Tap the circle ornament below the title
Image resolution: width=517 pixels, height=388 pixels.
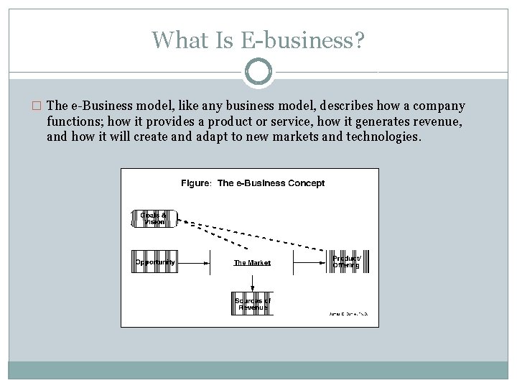pyautogui.click(x=258, y=72)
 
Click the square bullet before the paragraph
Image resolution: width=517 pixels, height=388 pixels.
pyautogui.click(x=37, y=106)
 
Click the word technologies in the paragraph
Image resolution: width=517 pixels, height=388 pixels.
pyautogui.click(x=381, y=137)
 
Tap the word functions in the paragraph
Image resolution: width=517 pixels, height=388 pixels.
pyautogui.click(x=75, y=121)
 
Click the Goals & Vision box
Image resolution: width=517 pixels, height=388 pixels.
pyautogui.click(x=152, y=218)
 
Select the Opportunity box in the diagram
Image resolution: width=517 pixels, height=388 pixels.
pyautogui.click(x=154, y=262)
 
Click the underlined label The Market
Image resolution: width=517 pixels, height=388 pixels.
pyautogui.click(x=252, y=263)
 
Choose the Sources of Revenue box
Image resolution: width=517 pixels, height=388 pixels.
pyautogui.click(x=252, y=304)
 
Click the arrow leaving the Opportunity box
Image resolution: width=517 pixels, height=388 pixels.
pyautogui.click(x=194, y=262)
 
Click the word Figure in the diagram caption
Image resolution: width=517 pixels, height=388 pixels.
pyautogui.click(x=195, y=183)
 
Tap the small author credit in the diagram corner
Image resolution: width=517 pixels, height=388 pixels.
pyautogui.click(x=348, y=314)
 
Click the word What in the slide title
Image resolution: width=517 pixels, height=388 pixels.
pyautogui.click(x=177, y=40)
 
